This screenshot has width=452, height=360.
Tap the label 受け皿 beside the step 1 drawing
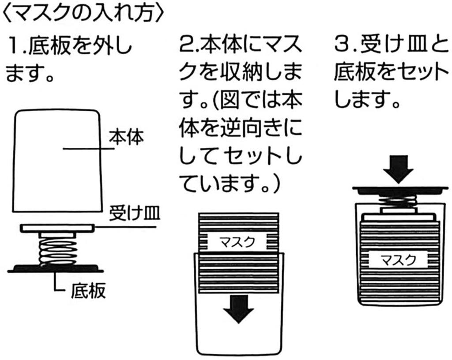click(135, 215)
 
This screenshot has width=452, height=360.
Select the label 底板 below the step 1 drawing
click(88, 291)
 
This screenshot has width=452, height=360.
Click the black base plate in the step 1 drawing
click(55, 268)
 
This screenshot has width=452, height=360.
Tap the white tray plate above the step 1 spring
click(57, 229)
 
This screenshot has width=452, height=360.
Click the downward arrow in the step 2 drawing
click(239, 308)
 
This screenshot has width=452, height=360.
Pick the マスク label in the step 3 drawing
click(398, 259)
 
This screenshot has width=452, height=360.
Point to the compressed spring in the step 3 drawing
click(398, 201)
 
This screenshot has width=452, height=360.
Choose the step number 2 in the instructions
click(186, 45)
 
